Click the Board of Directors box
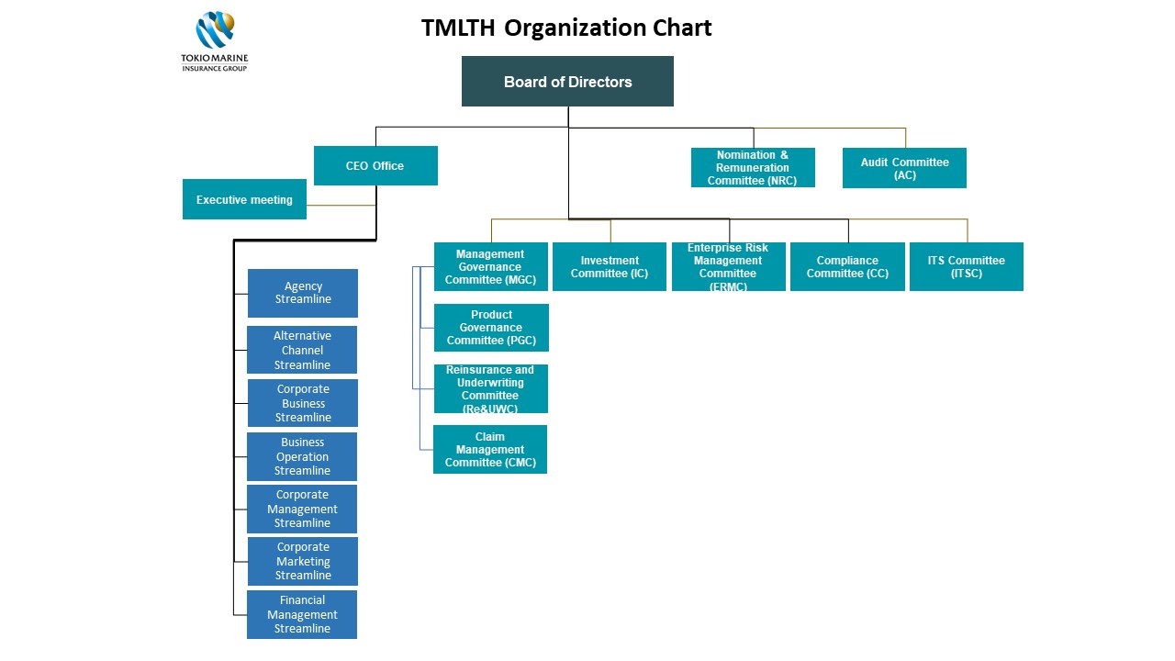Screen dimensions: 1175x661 (567, 82)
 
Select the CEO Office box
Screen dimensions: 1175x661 (375, 165)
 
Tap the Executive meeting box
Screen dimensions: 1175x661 (244, 199)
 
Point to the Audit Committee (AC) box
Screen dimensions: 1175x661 (904, 168)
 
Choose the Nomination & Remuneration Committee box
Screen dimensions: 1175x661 (753, 167)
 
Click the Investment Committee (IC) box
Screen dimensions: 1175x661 (610, 266)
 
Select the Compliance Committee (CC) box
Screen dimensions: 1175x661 (847, 266)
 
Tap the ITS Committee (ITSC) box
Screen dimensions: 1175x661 (967, 266)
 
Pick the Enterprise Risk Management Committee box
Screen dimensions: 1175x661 (729, 266)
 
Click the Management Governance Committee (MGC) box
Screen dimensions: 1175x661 (491, 266)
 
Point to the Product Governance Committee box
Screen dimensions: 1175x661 (491, 328)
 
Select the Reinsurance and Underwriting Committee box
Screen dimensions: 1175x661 (491, 388)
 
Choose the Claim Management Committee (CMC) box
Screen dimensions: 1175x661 (490, 449)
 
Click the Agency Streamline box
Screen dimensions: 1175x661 (303, 293)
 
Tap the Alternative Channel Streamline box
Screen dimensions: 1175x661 (302, 350)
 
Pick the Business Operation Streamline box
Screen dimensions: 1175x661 (302, 456)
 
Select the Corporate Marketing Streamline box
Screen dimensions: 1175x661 (303, 561)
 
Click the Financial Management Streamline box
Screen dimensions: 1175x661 (302, 614)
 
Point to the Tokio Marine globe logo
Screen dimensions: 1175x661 (215, 30)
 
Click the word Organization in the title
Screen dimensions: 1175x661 (575, 28)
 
